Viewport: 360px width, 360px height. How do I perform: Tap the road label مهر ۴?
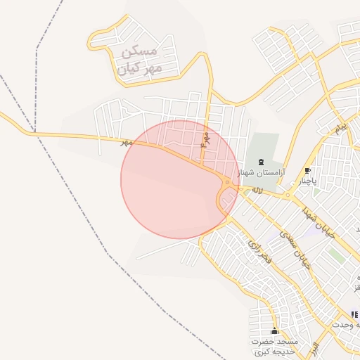[x=205, y=139]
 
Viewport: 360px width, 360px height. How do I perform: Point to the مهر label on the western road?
[x=127, y=142]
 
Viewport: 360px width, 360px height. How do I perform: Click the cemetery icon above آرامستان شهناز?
[x=262, y=162]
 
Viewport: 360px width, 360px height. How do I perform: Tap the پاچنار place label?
[x=307, y=181]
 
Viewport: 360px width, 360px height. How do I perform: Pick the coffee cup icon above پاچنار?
[x=307, y=171]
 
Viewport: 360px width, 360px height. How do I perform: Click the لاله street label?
[x=257, y=191]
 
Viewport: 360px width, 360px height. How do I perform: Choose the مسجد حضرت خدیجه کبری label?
[x=275, y=346]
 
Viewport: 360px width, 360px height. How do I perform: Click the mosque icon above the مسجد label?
[x=274, y=331]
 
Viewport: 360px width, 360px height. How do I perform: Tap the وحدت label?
[x=347, y=325]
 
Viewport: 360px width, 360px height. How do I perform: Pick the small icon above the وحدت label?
[x=354, y=314]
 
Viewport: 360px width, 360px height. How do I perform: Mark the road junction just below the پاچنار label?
[x=288, y=195]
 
